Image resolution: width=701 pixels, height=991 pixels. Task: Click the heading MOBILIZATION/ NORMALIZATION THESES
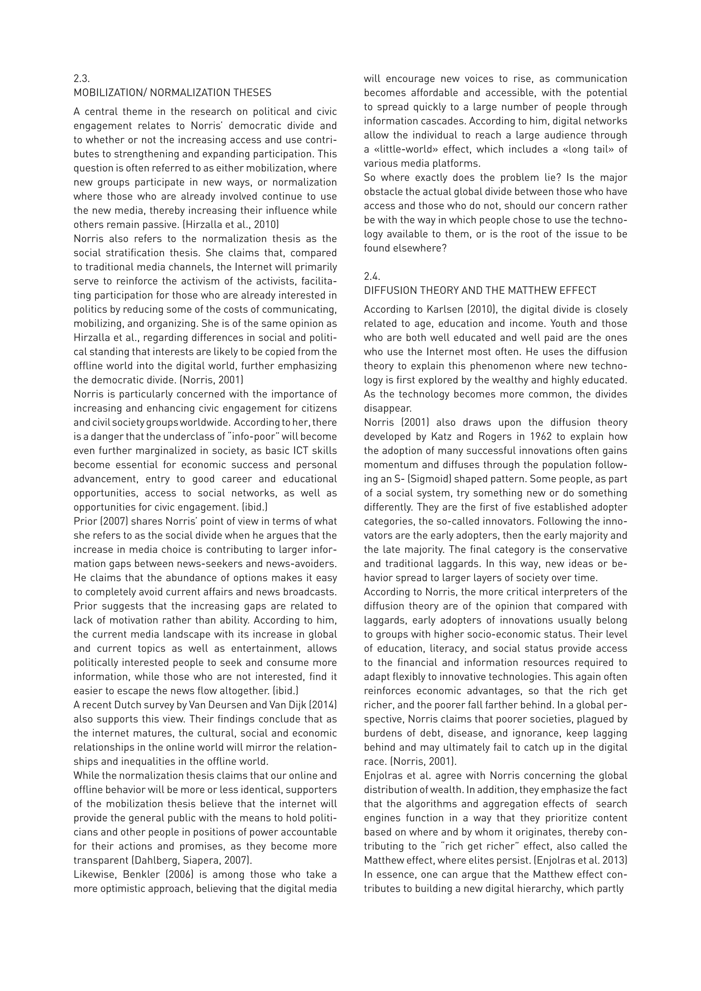click(x=172, y=93)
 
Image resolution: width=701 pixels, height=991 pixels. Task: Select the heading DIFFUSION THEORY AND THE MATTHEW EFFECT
click(x=480, y=291)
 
